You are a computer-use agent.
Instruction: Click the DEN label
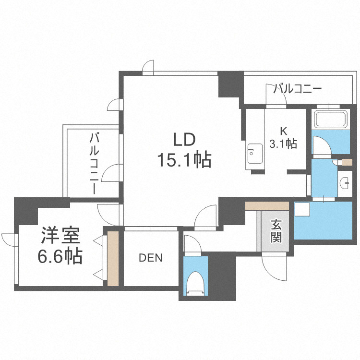point(151,258)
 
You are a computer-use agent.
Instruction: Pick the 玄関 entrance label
point(276,231)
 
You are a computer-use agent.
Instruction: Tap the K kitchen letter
point(284,130)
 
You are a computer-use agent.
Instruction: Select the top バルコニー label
point(297,88)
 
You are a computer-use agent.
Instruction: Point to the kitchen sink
point(252,154)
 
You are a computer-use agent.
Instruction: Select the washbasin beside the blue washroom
point(345,183)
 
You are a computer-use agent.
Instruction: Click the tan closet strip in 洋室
point(113,258)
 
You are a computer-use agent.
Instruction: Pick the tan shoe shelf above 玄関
point(267,206)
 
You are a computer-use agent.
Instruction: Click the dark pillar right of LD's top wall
point(230,84)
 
